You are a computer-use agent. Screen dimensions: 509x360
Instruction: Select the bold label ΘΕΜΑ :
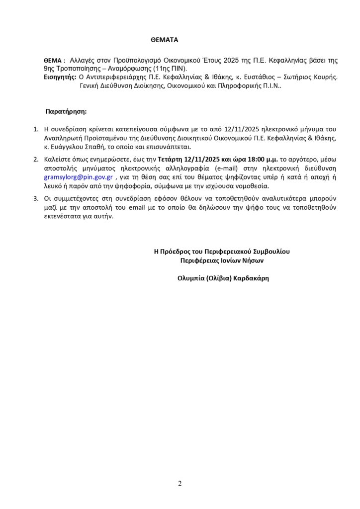(x=55, y=60)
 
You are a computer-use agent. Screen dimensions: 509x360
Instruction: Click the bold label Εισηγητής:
(x=60, y=77)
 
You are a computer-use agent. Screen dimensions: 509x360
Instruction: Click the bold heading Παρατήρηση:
(x=66, y=111)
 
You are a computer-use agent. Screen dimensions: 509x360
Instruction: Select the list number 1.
(x=35, y=130)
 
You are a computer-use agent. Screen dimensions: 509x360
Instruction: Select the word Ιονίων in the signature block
(x=230, y=260)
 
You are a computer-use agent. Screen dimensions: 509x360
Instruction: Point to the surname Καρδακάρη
(x=247, y=278)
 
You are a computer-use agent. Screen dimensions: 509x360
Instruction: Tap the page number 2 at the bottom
(x=180, y=483)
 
